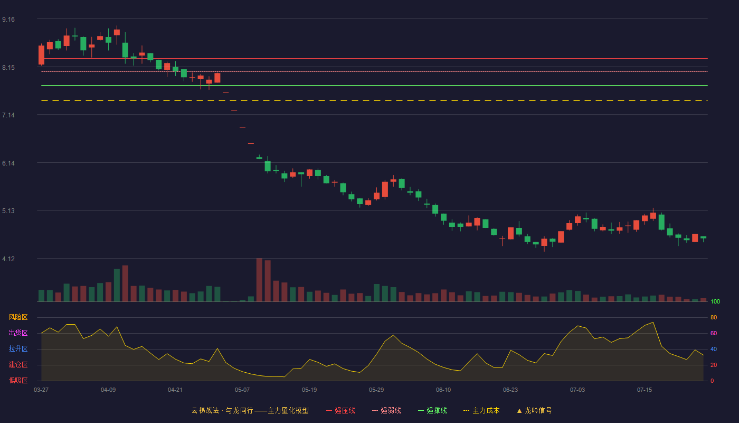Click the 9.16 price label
coord(8,20)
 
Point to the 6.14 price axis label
coord(8,163)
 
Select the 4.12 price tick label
coord(8,259)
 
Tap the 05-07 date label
coord(242,390)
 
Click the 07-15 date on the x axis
coord(645,390)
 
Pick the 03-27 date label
coord(41,390)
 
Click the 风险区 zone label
coord(18,317)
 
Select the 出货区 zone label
coord(18,333)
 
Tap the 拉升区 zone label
coord(18,348)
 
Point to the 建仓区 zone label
coord(18,364)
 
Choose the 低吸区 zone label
coord(18,380)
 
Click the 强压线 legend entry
coord(340,410)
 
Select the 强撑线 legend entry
coord(432,410)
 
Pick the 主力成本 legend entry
coord(481,410)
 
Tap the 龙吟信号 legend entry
coord(534,410)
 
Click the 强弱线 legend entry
coord(386,410)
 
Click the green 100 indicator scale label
coord(715,301)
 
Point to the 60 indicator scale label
coord(714,333)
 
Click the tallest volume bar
coord(259,280)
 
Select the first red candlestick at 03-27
coord(41,55)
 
